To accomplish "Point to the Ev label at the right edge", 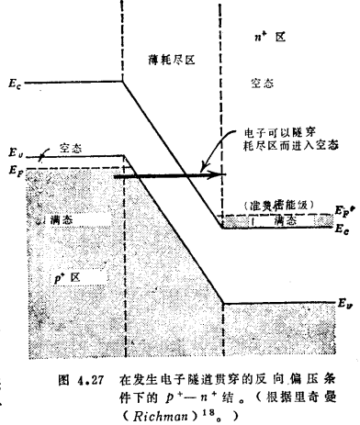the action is pyautogui.click(x=343, y=302).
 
